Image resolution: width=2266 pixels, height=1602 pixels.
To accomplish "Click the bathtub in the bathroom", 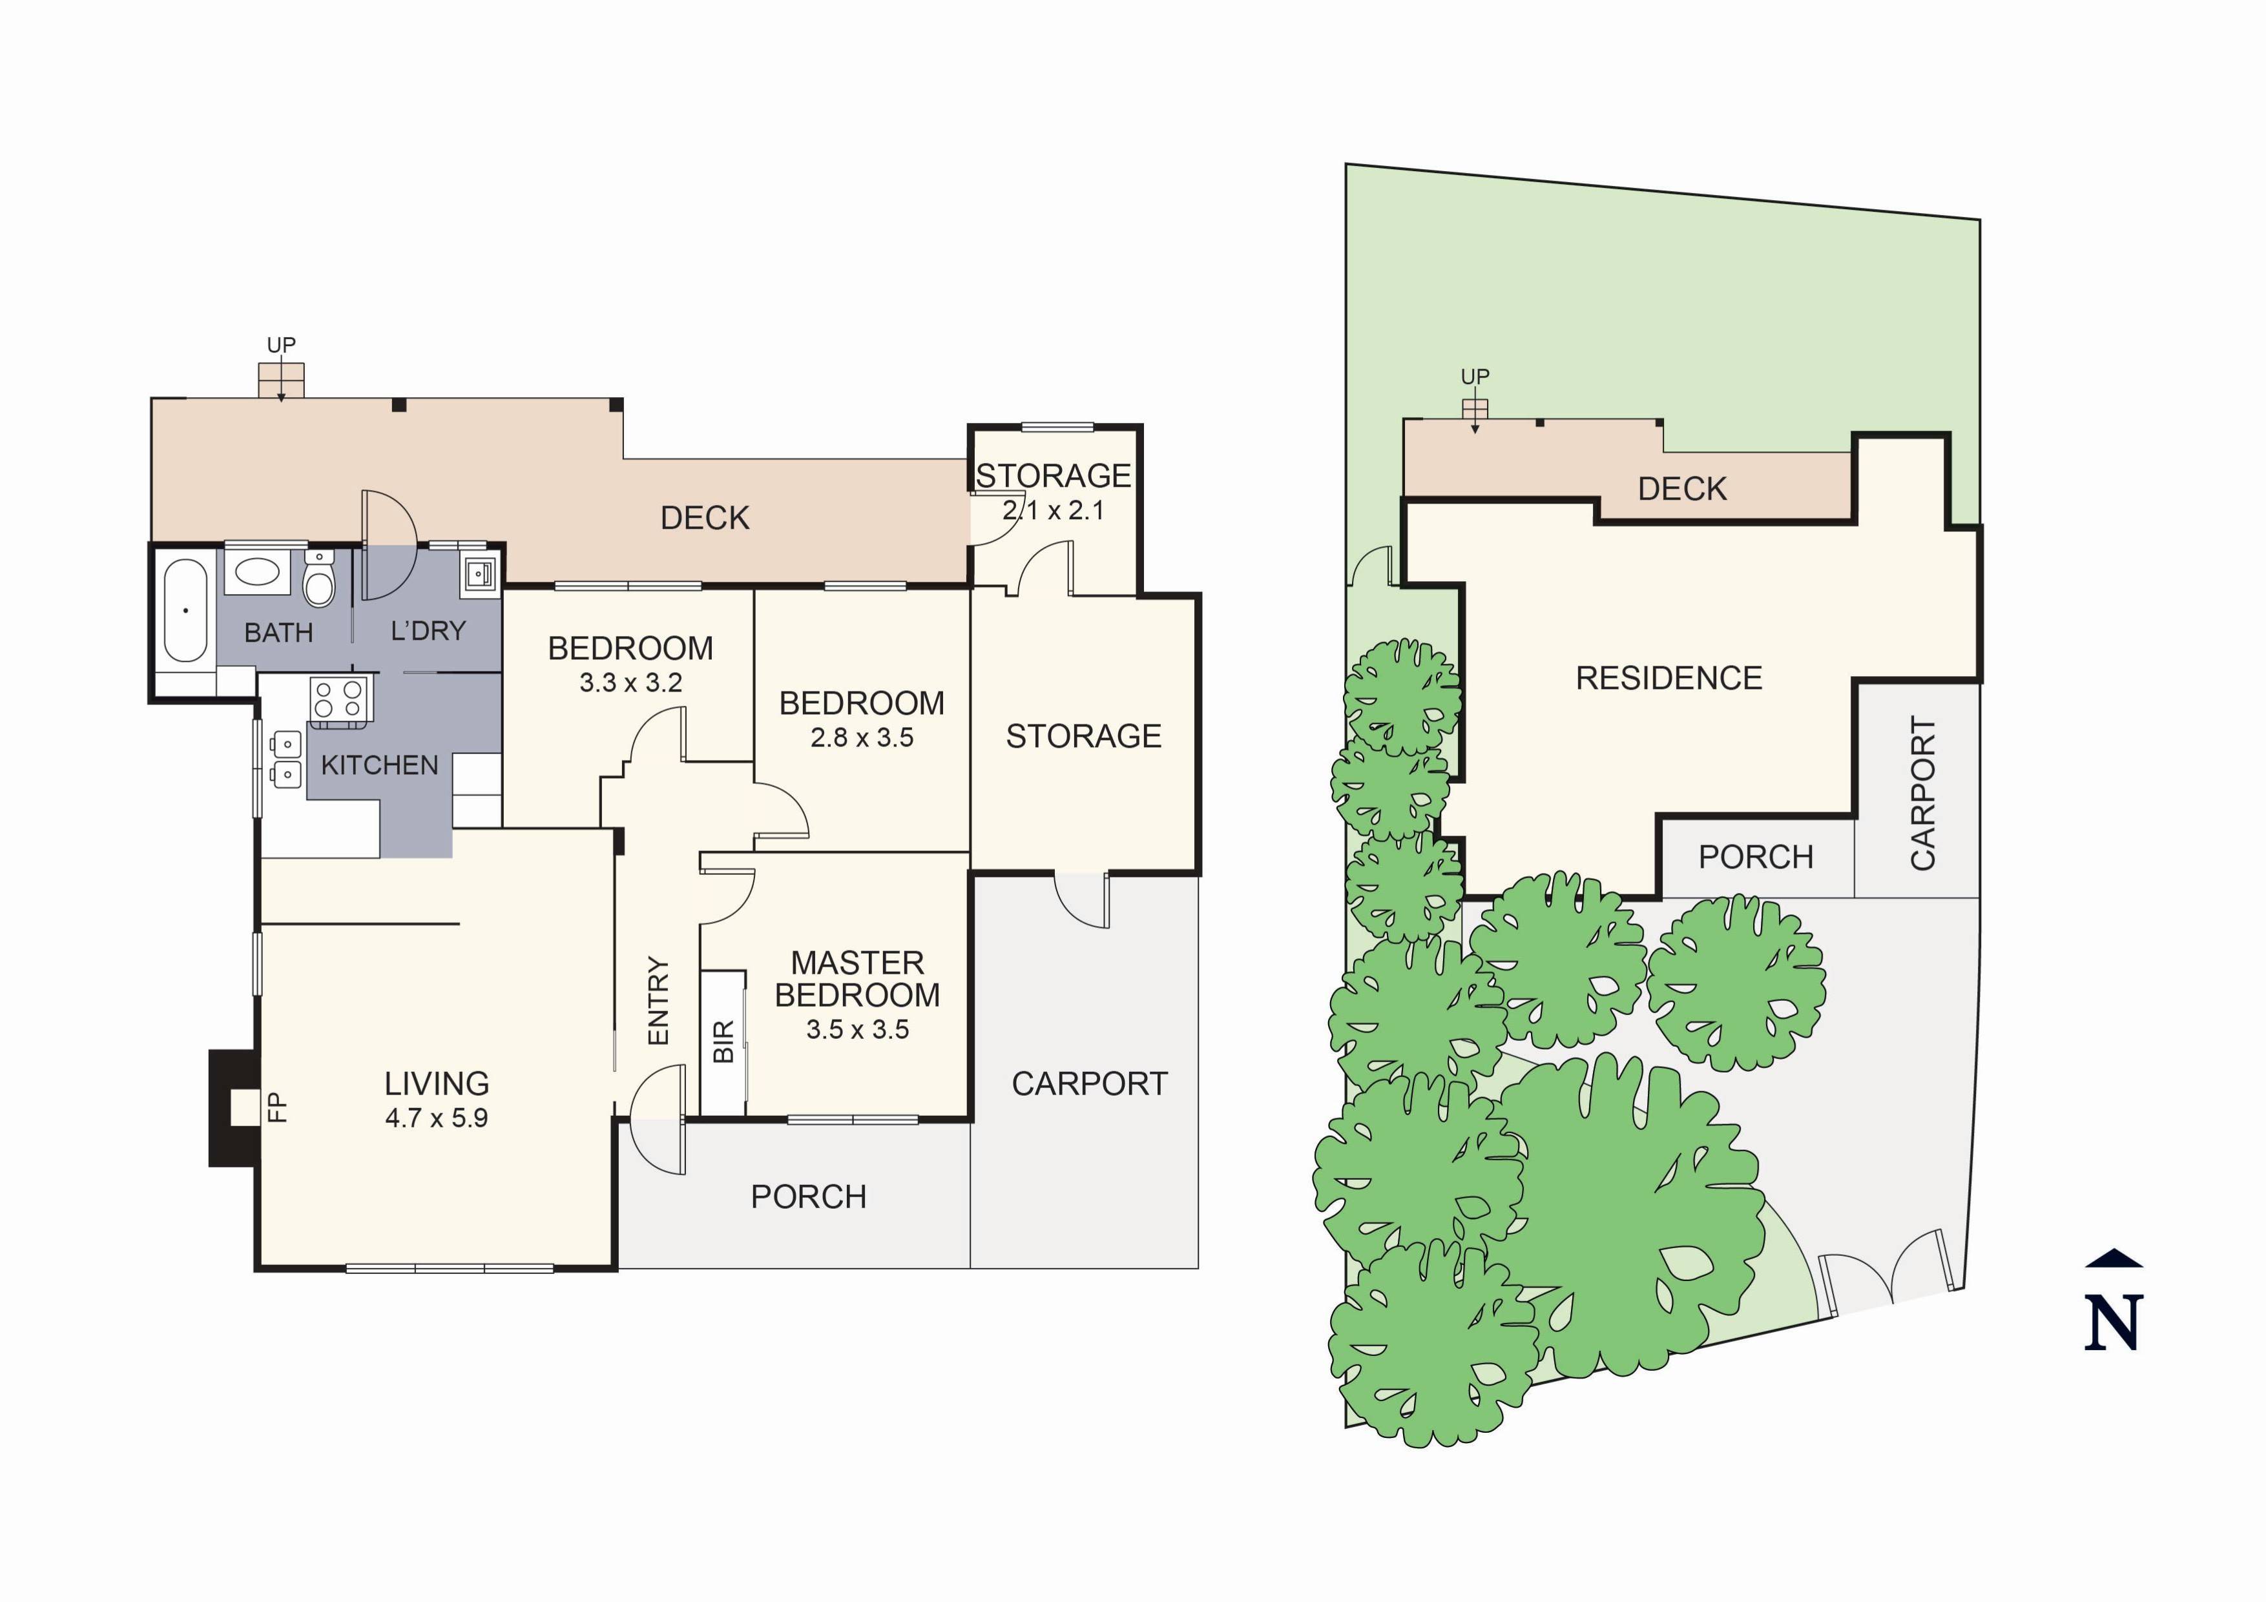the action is coord(185,611).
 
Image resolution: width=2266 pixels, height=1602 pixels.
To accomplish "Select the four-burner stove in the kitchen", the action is coord(338,699).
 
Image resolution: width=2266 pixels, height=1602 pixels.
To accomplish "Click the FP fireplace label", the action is coord(277,1106).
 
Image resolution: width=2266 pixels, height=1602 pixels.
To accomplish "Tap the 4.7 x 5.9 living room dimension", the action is coord(436,1118).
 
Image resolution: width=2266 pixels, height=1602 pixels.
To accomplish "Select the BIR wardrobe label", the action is coord(723,1042).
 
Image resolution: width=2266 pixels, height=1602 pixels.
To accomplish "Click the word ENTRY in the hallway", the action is coord(658,1000).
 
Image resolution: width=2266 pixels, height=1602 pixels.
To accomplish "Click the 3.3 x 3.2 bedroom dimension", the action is coord(630,683).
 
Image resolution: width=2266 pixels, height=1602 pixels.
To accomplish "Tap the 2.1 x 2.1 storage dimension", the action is coord(1053,510).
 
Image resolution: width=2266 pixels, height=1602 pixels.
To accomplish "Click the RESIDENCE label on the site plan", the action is coord(1669,678).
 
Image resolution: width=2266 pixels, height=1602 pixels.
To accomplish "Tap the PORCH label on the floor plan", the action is coord(808,1196).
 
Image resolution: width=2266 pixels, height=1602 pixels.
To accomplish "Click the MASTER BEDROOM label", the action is coord(858,978).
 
